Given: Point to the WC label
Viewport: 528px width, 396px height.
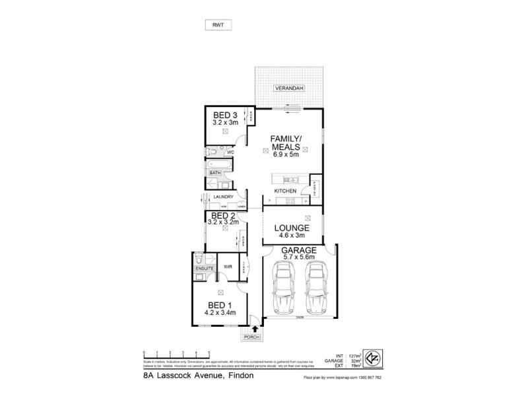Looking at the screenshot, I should point(231,151).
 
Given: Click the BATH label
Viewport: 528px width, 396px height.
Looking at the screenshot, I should point(215,173).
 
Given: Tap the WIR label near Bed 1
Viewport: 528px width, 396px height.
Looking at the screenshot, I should point(228,267).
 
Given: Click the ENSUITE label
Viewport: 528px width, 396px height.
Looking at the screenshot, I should point(202,269).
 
